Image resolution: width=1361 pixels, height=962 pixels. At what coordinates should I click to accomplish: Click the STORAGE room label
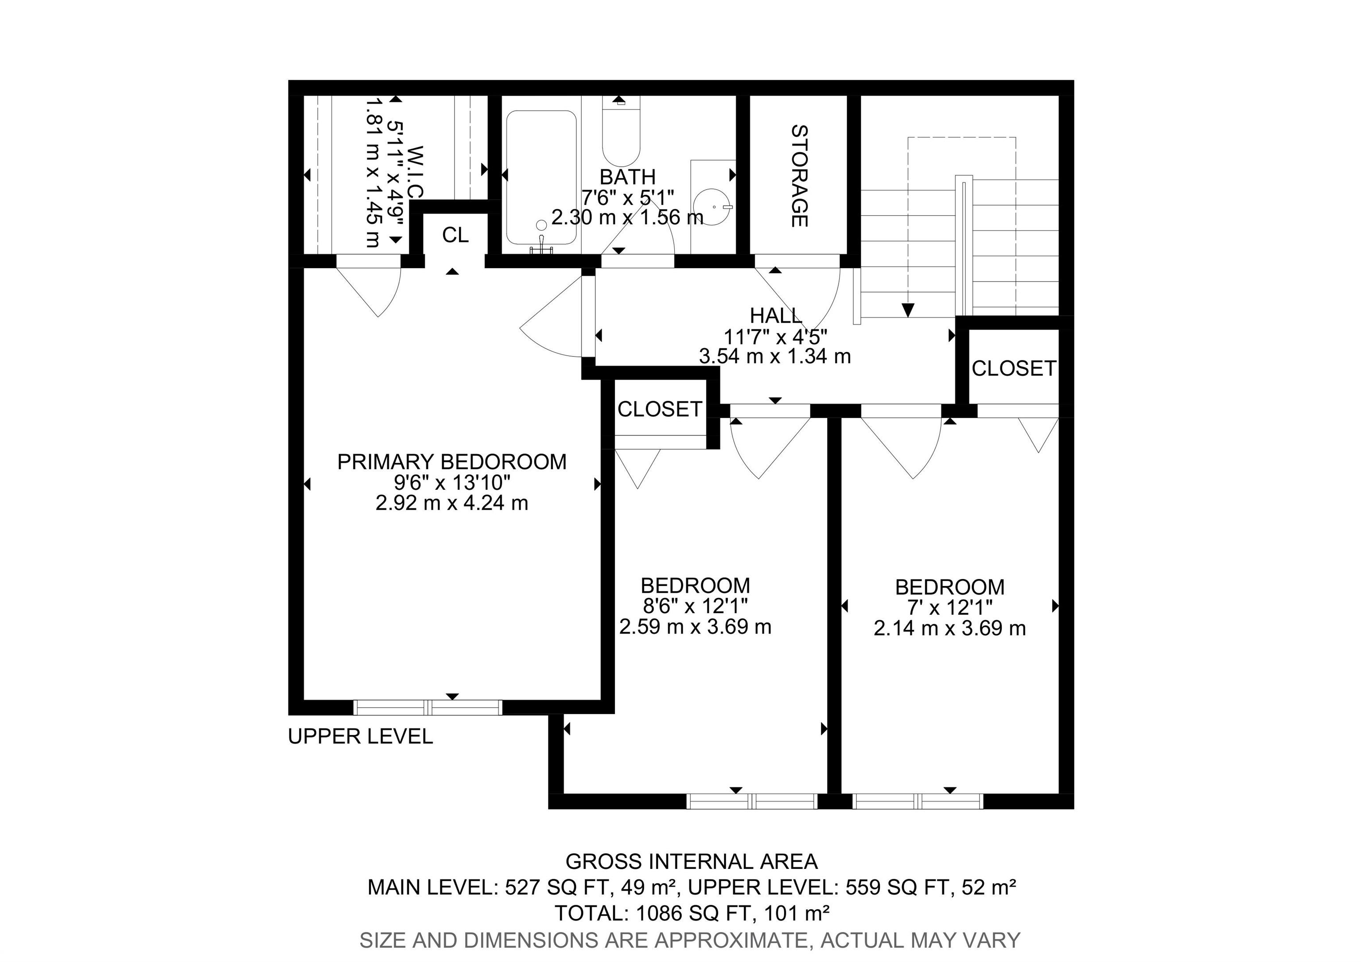[800, 176]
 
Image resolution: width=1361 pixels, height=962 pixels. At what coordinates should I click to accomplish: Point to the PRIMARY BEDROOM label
[452, 461]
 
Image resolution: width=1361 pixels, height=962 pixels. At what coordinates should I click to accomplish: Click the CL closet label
[455, 235]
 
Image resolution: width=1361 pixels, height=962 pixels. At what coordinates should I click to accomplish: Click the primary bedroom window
[428, 708]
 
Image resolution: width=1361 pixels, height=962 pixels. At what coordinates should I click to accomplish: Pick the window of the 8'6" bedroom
[752, 801]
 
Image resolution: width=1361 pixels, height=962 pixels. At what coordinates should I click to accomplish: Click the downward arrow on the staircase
[907, 309]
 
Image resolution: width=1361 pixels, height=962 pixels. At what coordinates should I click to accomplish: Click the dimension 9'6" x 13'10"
[452, 482]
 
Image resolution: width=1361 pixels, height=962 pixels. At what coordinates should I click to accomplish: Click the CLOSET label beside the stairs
[1014, 368]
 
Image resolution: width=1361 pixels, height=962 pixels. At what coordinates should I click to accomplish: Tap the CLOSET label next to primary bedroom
[660, 409]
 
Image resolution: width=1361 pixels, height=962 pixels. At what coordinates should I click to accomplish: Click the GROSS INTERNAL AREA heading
[692, 861]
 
